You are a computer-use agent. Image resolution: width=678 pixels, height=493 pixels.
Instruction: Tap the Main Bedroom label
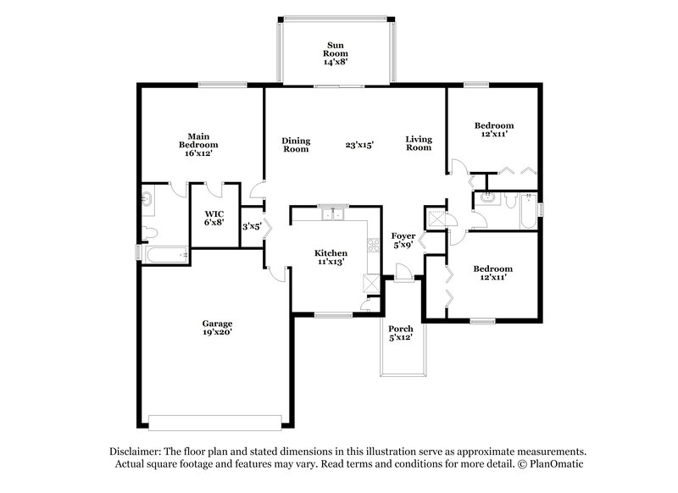(198, 144)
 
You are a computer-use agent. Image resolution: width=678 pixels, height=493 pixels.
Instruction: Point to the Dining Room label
(296, 145)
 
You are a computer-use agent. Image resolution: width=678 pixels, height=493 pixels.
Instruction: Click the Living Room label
(418, 144)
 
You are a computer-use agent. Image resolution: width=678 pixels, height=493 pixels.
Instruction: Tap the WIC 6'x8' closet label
(214, 218)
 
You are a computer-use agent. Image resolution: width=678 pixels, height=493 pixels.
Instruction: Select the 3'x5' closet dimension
(251, 226)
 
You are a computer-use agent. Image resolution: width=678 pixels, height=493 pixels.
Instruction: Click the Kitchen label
(331, 258)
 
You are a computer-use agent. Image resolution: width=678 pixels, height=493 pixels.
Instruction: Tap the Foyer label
(403, 241)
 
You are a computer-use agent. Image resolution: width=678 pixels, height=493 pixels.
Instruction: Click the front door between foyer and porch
(403, 273)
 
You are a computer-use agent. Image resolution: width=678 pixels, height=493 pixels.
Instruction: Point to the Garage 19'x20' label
(217, 328)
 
